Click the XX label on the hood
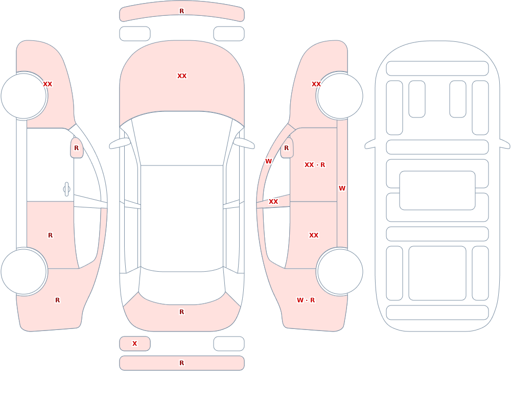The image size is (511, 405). click(x=182, y=76)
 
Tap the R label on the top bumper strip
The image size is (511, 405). click(x=182, y=11)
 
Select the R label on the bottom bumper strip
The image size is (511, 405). click(x=182, y=363)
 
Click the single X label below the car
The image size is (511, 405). click(x=134, y=343)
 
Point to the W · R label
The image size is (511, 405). click(x=306, y=300)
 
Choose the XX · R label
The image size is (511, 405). click(x=314, y=165)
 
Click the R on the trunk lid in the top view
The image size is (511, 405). click(x=182, y=312)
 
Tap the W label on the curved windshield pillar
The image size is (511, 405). click(x=268, y=161)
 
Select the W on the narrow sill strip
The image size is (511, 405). click(x=342, y=188)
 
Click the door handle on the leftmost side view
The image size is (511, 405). click(x=66, y=189)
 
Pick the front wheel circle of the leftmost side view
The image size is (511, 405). click(x=24, y=96)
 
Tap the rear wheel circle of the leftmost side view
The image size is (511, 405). click(x=24, y=271)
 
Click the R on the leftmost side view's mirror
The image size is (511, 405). click(x=76, y=148)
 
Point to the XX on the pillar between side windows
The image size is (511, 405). click(x=273, y=202)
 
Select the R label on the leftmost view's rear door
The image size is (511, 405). click(x=50, y=235)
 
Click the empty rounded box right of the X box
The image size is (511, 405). click(x=229, y=344)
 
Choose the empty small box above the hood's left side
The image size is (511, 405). click(x=135, y=34)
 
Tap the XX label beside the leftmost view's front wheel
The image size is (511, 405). click(x=48, y=84)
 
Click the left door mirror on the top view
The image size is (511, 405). click(x=120, y=143)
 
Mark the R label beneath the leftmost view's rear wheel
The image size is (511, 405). click(x=57, y=300)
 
